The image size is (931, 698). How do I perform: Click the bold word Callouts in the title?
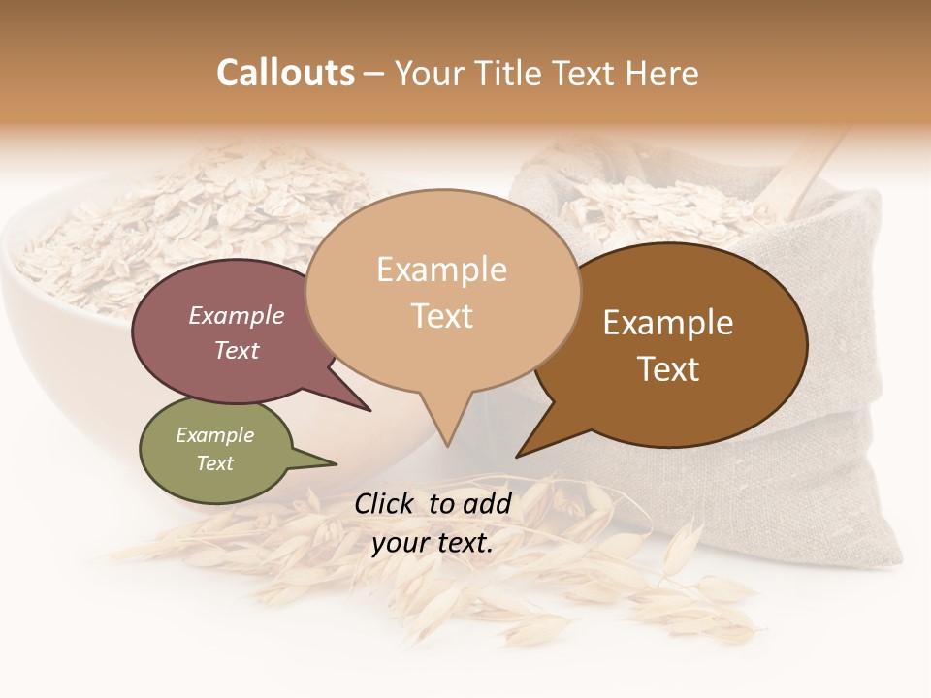coord(285,73)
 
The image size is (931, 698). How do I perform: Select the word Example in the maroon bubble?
coord(236,315)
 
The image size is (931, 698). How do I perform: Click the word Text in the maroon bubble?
coord(236,350)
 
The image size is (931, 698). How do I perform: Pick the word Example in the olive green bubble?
coord(214,435)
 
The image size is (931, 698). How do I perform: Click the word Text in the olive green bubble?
coord(214,463)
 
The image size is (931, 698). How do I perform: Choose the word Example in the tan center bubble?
coord(441,270)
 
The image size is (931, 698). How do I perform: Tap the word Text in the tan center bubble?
coord(441,316)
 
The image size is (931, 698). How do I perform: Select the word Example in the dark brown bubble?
coord(668,323)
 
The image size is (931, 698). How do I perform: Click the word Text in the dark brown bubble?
coord(668,369)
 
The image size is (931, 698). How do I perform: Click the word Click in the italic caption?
coord(385,503)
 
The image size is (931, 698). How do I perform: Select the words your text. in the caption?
coord(433,543)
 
